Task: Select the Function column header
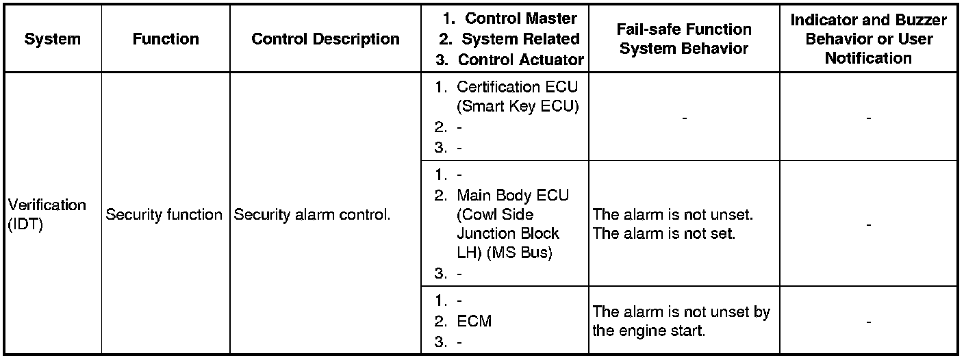pyautogui.click(x=166, y=39)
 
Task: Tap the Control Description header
pyautogui.click(x=325, y=39)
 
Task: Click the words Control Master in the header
pyautogui.click(x=521, y=18)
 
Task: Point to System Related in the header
pyautogui.click(x=520, y=39)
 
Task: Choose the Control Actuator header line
pyautogui.click(x=520, y=60)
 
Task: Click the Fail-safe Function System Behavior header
pyautogui.click(x=683, y=39)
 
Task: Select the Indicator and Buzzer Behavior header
pyautogui.click(x=868, y=39)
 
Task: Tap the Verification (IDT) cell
pyautogui.click(x=47, y=215)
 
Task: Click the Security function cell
pyautogui.click(x=164, y=215)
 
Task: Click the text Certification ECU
pyautogui.click(x=517, y=87)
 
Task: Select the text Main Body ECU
pyautogui.click(x=513, y=196)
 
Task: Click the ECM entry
pyautogui.click(x=474, y=321)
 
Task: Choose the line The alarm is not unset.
pyautogui.click(x=673, y=215)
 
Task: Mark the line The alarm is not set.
pyautogui.click(x=663, y=233)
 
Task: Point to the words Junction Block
pyautogui.click(x=507, y=233)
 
